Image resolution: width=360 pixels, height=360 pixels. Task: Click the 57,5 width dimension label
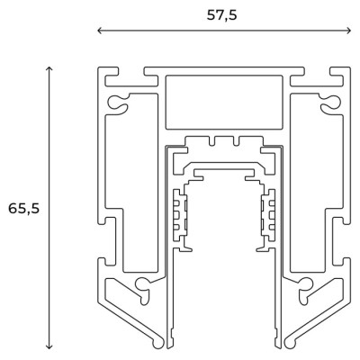[222, 15]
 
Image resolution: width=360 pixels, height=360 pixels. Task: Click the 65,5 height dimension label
[23, 209]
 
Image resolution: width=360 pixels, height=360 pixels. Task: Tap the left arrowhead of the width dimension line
[100, 31]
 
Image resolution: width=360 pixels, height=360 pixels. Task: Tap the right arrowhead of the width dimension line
[348, 31]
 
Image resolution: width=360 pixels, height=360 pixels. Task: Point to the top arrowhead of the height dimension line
[49, 68]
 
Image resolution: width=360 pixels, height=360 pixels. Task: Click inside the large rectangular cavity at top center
[224, 103]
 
